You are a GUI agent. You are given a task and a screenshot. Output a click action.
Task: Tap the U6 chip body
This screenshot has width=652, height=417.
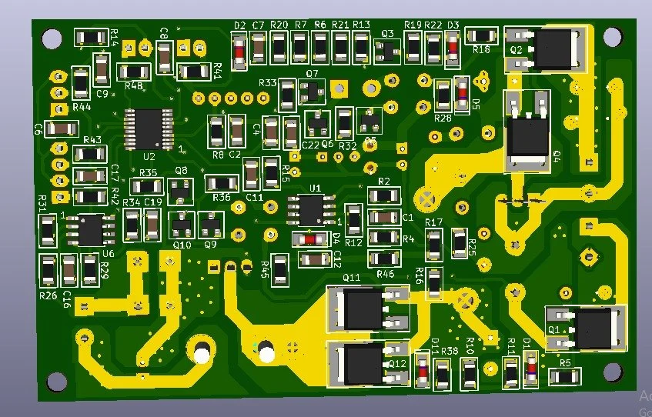pos(88,230)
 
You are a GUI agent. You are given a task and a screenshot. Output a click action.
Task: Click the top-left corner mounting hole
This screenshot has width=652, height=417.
pos(52,37)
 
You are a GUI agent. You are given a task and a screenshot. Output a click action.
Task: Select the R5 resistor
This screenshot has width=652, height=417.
pos(565,376)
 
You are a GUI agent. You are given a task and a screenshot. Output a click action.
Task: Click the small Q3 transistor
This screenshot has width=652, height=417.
pos(387,51)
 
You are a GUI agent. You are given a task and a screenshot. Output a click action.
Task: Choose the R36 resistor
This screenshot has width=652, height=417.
pos(222,183)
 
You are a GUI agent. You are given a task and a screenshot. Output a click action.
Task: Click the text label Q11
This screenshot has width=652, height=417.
pos(351,278)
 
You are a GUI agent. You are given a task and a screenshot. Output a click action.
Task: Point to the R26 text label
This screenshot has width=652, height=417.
pos(48,295)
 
